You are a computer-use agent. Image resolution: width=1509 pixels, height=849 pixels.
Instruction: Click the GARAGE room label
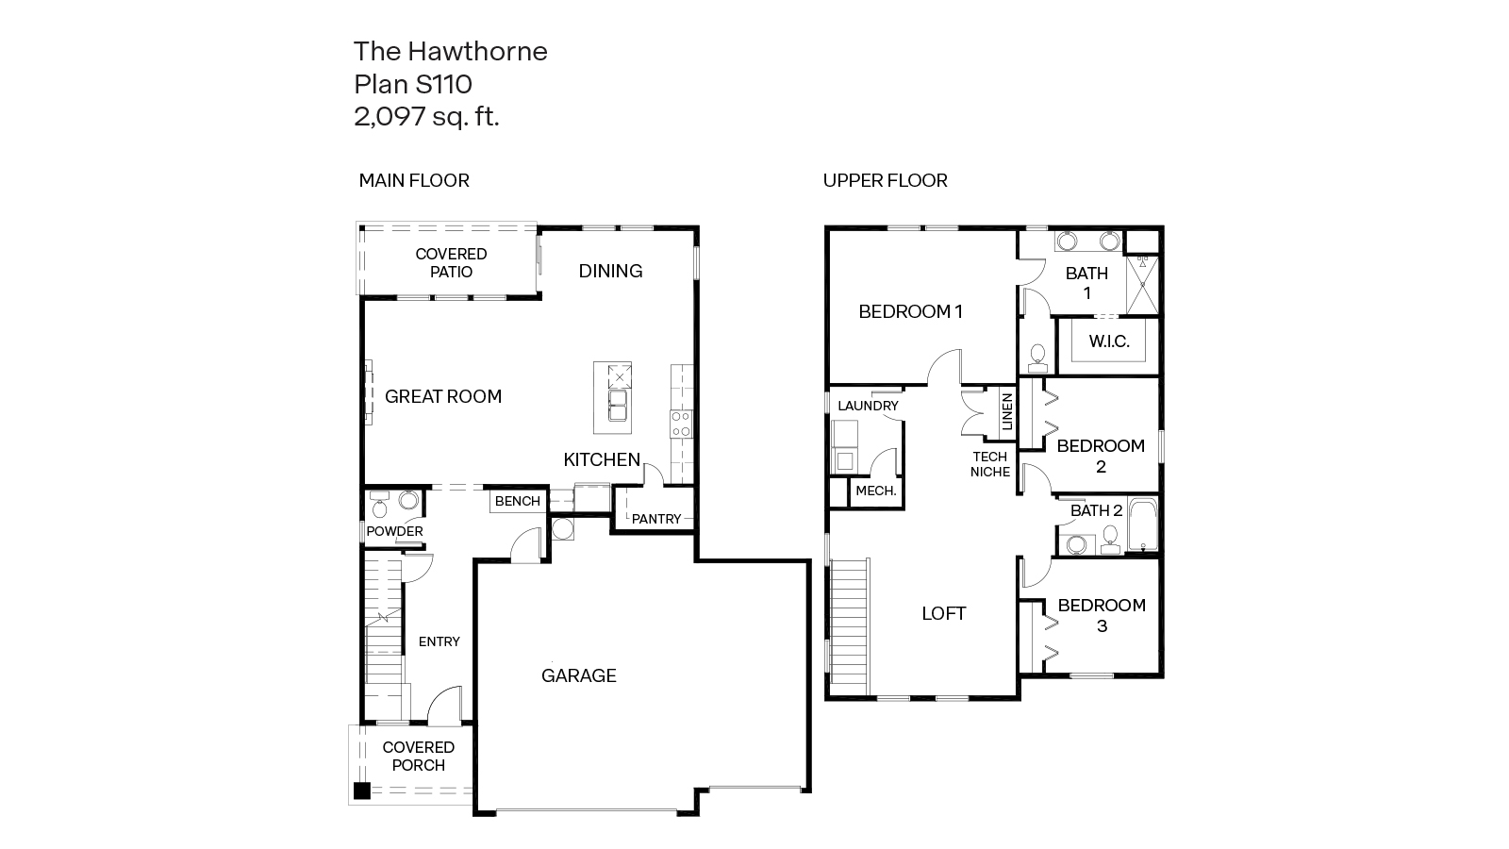[578, 675]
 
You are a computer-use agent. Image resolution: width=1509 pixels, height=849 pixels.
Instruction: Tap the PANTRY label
[655, 519]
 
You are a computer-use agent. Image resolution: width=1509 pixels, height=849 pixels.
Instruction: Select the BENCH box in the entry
[518, 501]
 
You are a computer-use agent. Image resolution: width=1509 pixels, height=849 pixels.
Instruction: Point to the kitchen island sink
[618, 408]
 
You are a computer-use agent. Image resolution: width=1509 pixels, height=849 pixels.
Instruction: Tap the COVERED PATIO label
[451, 262]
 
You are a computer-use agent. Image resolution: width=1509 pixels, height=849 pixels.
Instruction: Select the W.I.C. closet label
[1109, 341]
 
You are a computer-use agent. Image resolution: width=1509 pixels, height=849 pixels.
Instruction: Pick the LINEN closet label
[1006, 412]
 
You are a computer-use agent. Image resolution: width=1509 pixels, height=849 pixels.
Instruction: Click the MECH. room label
[875, 491]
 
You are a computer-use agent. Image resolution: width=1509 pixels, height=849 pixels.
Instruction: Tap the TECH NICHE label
[990, 464]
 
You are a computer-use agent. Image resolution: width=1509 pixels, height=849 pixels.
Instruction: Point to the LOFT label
[943, 613]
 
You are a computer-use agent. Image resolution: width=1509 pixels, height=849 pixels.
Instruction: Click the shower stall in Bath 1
[1143, 285]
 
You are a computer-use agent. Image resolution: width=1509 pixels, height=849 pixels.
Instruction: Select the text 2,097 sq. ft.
[426, 117]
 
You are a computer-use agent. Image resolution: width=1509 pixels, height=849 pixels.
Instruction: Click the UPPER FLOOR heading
[885, 180]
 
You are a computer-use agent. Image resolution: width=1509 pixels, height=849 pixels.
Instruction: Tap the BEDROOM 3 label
[1101, 615]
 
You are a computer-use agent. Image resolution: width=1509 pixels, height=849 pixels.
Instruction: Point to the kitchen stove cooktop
[681, 424]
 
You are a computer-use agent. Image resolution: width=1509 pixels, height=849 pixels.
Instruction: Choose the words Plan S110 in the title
[412, 84]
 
